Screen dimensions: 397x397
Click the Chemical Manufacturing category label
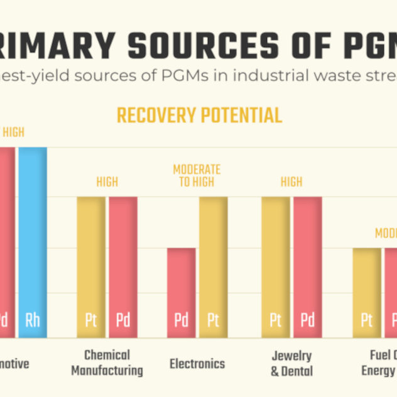click(107, 362)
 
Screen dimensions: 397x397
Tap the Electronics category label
click(197, 364)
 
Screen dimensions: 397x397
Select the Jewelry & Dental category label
click(291, 363)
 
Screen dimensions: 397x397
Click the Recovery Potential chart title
click(199, 115)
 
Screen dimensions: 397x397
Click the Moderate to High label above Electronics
click(197, 176)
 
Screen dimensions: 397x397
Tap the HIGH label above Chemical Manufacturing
click(107, 182)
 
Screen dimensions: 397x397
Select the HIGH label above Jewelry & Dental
click(291, 182)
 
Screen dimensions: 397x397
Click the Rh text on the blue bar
click(32, 320)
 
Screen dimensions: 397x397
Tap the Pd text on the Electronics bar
click(181, 320)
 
